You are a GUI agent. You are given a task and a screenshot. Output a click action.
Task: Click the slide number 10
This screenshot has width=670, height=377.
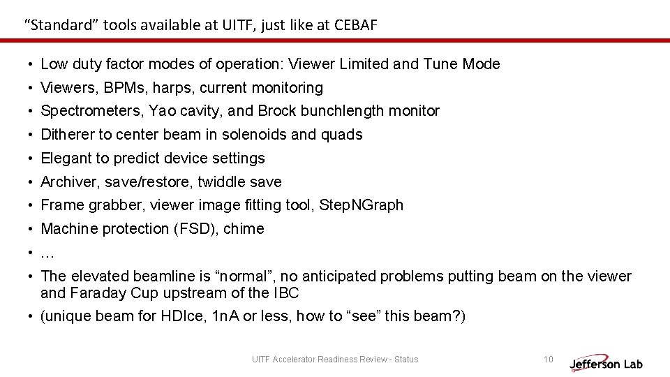[548, 360]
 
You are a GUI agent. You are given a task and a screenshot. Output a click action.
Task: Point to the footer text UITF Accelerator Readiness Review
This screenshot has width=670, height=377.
[335, 360]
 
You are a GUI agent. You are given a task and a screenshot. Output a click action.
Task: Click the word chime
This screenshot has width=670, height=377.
[244, 229]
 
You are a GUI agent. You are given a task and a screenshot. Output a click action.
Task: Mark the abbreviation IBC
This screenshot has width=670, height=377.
[285, 293]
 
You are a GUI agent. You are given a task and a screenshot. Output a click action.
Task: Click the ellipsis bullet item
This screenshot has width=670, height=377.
[47, 253]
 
